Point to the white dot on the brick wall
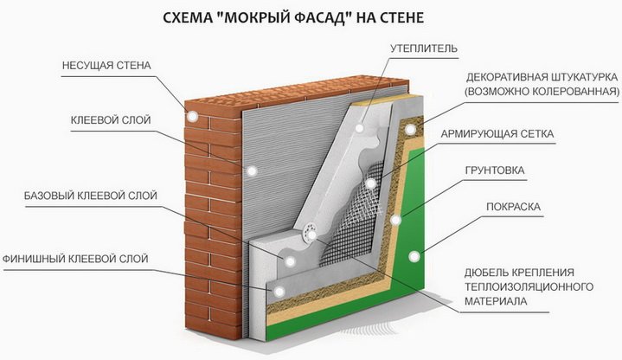[x=191, y=113]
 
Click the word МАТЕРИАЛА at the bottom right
[x=495, y=301]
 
